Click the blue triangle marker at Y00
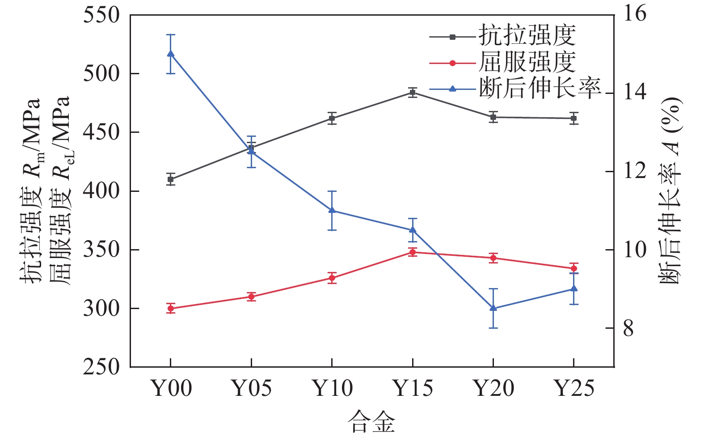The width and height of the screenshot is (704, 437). pyautogui.click(x=171, y=54)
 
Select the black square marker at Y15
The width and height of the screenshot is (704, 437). pyautogui.click(x=413, y=93)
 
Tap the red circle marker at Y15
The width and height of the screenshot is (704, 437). pyautogui.click(x=413, y=252)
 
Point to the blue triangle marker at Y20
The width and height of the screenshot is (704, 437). pyautogui.click(x=493, y=308)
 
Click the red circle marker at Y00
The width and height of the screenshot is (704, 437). pyautogui.click(x=171, y=309)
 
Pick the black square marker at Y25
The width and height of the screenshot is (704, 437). pyautogui.click(x=574, y=119)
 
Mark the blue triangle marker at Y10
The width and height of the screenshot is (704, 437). pyautogui.click(x=332, y=210)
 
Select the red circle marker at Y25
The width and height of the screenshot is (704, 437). pyautogui.click(x=574, y=268)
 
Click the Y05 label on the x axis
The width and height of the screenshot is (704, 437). pyautogui.click(x=252, y=388)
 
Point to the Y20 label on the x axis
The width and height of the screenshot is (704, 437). pyautogui.click(x=493, y=388)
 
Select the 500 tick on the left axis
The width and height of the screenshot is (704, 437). pyautogui.click(x=102, y=73)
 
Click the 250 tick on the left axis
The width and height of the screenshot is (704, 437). pyautogui.click(x=102, y=367)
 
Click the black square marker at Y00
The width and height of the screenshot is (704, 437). pyautogui.click(x=171, y=179)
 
